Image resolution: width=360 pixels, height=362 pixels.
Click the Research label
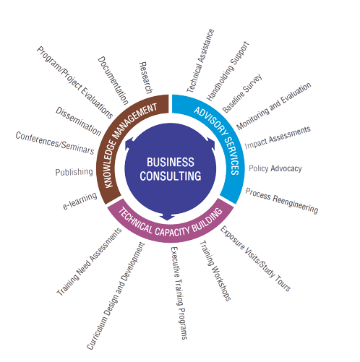146,78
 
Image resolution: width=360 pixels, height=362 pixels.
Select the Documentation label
113,81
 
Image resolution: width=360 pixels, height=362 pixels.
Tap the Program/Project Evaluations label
74,82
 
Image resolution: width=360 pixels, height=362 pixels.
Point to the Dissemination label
78,121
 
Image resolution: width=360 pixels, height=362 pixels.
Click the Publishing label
74,172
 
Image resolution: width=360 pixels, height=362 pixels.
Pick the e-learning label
80,201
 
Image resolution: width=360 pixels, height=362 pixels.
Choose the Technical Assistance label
200,61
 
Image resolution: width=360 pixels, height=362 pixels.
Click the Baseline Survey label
242,93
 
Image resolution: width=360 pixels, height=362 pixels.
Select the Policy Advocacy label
275,168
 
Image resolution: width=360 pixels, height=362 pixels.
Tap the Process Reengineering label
282,201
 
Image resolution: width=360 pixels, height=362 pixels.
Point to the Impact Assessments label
278,137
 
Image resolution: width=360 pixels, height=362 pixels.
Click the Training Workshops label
215,271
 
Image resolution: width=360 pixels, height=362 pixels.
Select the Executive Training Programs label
179,293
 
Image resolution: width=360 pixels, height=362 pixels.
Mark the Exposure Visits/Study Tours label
255,259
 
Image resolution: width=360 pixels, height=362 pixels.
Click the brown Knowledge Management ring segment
113,135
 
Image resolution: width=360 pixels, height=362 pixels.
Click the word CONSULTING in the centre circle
171,176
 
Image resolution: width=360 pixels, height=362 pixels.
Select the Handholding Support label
228,72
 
